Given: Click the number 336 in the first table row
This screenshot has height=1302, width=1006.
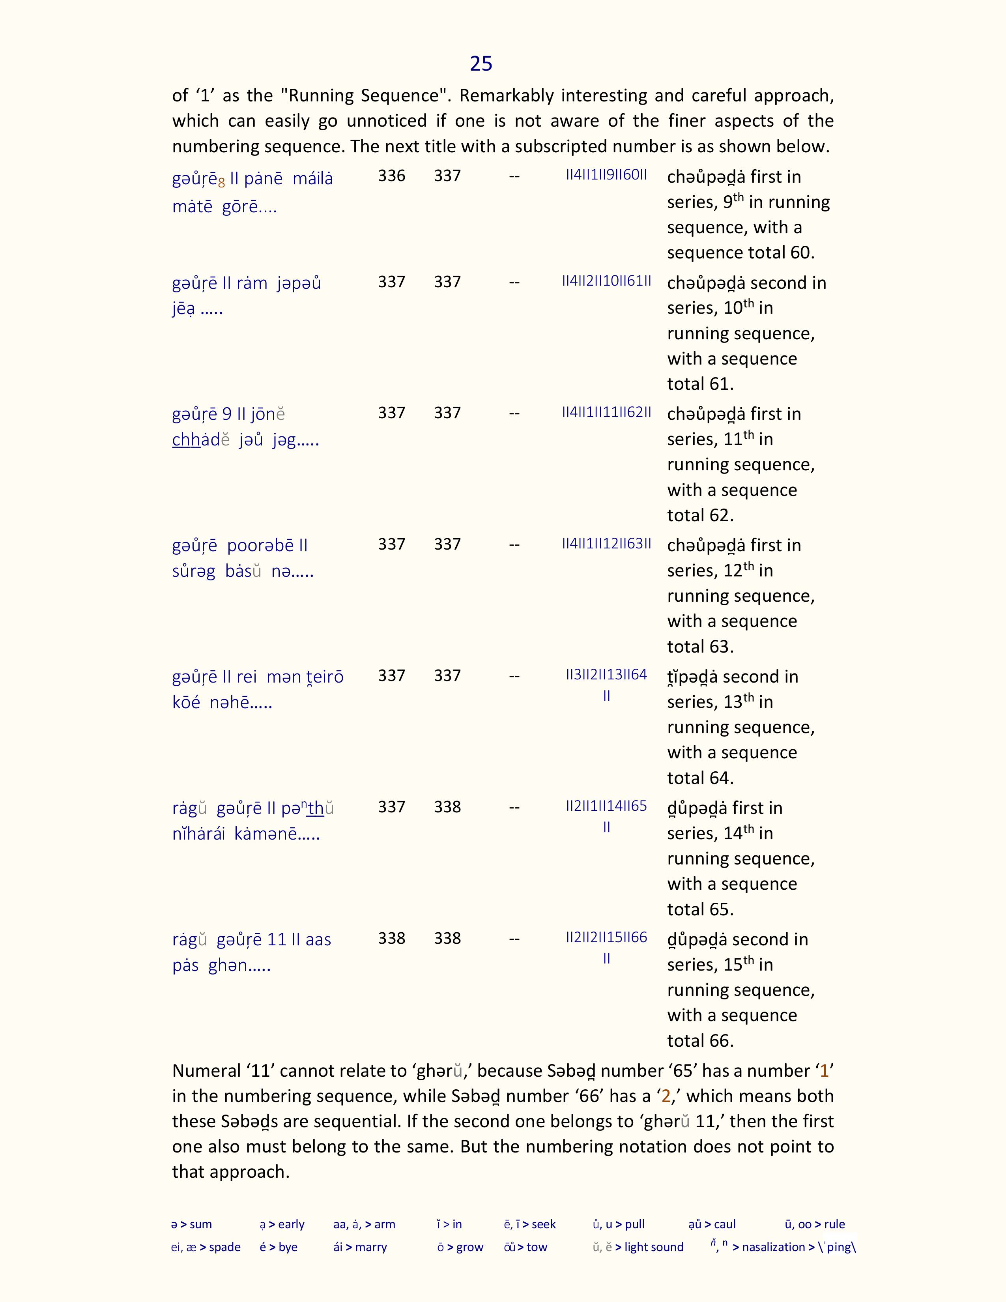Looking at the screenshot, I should click(392, 176).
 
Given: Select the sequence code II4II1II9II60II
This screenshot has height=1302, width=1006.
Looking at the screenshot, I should click(606, 175).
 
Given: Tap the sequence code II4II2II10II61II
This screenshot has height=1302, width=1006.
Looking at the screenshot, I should click(606, 281).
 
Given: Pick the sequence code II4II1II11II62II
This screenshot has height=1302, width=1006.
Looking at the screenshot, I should click(606, 412).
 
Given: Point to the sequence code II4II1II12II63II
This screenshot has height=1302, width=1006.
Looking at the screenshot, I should click(606, 543).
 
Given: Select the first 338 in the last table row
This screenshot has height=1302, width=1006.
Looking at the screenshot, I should click(392, 938).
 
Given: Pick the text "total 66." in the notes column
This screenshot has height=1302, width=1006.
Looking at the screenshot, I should click(700, 1041).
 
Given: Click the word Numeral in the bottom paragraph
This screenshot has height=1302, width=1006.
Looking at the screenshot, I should click(206, 1071).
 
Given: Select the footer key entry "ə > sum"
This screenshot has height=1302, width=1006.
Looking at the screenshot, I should click(191, 1224).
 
